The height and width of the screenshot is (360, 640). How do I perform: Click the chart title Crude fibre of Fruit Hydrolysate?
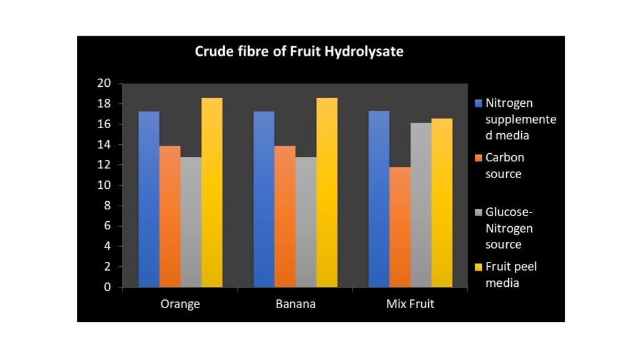point(299,51)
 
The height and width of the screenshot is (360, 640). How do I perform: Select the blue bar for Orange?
point(149,199)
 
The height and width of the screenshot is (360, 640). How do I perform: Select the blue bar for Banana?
point(264,199)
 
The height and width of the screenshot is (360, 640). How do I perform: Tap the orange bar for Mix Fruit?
point(400,227)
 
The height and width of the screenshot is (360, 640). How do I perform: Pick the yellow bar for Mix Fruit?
point(442,202)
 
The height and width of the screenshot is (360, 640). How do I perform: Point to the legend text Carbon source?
point(504,166)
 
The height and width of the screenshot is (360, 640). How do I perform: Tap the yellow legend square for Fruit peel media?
point(479,267)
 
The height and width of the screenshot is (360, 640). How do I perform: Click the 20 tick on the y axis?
point(104,84)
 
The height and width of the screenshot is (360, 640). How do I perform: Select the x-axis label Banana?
point(296,305)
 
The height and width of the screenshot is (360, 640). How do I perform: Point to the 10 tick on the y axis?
point(104,186)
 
